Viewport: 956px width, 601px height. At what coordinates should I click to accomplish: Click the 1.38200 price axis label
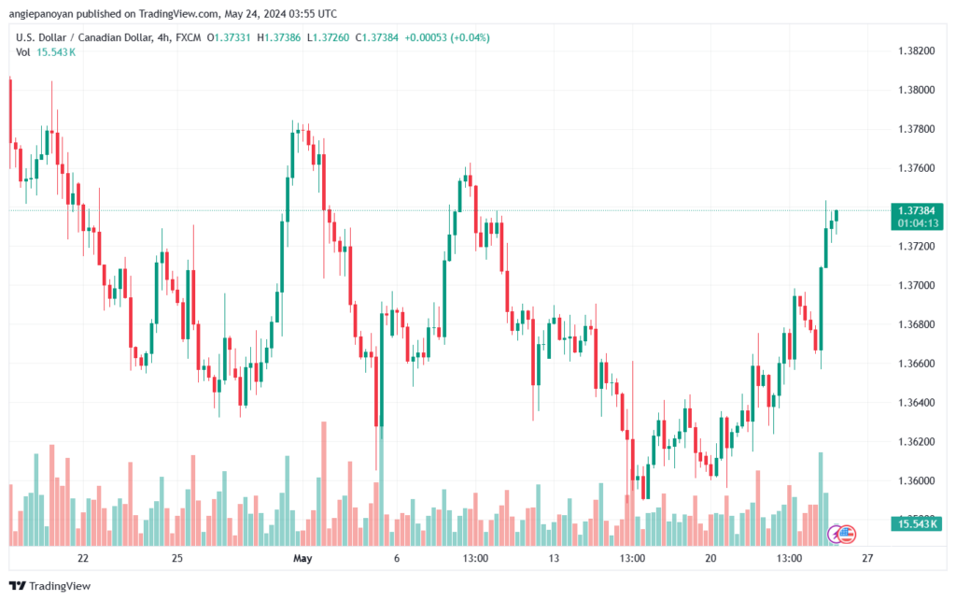tap(916, 50)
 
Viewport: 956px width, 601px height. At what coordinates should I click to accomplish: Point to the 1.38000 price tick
tap(916, 90)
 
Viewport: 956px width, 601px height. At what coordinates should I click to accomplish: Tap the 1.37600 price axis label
tap(916, 168)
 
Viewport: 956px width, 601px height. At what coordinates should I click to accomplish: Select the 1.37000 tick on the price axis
tap(916, 285)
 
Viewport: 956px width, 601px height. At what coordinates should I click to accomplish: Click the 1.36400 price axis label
tap(916, 403)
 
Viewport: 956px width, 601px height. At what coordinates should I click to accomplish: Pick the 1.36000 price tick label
tap(916, 480)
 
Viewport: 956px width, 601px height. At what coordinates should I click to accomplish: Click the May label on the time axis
tap(302, 559)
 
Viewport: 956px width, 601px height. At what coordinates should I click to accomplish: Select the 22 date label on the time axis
tap(83, 559)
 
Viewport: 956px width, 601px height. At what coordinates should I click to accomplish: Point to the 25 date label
tap(177, 559)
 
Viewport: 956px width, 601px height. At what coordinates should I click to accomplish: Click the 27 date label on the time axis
tap(867, 559)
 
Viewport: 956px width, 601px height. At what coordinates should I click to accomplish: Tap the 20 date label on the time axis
tap(710, 559)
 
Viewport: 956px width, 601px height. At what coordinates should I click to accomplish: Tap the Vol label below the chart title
tap(23, 52)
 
